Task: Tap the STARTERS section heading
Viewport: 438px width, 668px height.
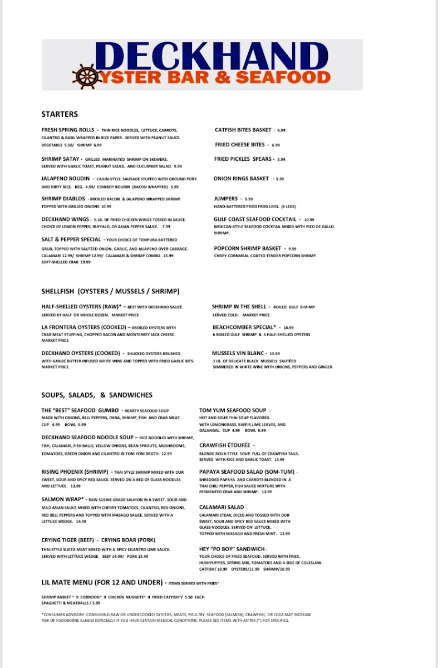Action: (x=60, y=114)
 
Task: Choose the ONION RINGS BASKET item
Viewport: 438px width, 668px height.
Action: (x=241, y=179)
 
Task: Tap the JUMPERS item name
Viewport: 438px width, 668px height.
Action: (x=226, y=199)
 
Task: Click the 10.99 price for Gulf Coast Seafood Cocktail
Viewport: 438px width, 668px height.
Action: (x=309, y=220)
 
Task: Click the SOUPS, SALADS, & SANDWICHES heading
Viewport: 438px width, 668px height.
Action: (x=96, y=395)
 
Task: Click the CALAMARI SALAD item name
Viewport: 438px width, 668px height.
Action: (x=222, y=507)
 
